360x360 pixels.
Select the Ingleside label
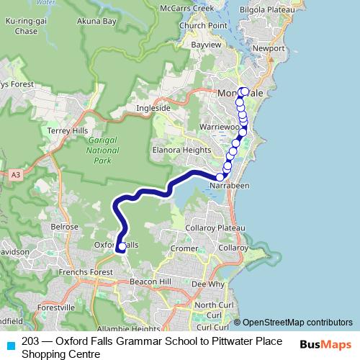click(x=153, y=109)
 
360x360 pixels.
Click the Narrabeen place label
click(x=229, y=186)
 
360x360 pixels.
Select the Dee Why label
click(x=208, y=284)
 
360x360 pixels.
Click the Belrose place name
click(x=64, y=226)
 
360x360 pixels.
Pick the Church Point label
click(x=194, y=25)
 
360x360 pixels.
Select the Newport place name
click(x=269, y=48)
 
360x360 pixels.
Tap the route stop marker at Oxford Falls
click(x=122, y=247)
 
